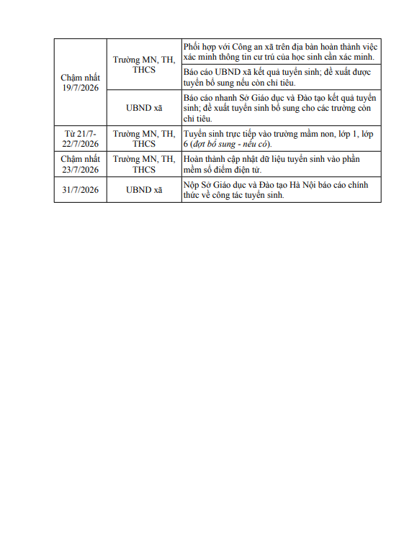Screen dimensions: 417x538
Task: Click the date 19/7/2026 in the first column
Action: click(80, 88)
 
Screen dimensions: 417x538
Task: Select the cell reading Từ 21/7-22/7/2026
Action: click(80, 139)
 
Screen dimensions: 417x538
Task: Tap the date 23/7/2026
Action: click(80, 170)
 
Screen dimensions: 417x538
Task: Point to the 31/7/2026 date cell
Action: click(80, 190)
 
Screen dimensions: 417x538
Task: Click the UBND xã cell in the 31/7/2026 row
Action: click(144, 190)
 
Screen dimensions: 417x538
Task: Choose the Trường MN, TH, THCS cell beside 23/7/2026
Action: click(144, 164)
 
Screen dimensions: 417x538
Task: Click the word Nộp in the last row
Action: click(192, 185)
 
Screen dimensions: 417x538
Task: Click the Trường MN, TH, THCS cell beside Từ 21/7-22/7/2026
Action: click(144, 139)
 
